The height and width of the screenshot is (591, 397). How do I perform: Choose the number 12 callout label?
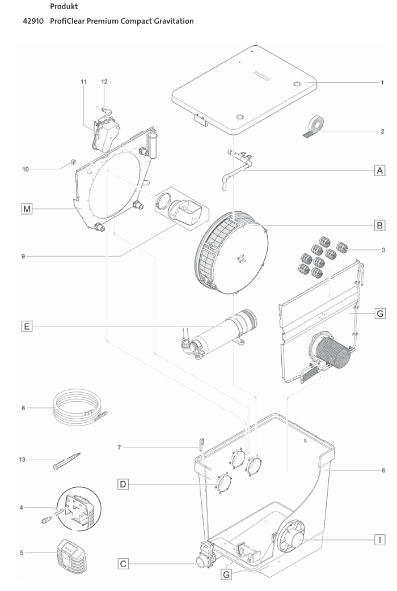pos(104,82)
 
